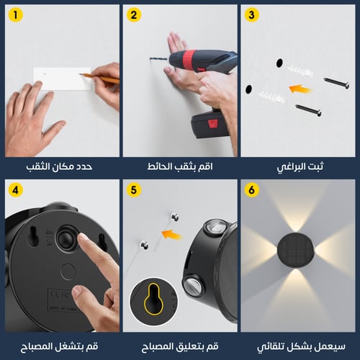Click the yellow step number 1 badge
[16, 16]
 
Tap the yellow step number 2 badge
[133, 16]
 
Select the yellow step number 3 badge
[251, 16]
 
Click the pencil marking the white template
[101, 76]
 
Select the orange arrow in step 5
[171, 233]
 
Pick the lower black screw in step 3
[308, 109]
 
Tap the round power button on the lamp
[66, 240]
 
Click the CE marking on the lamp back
[58, 295]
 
